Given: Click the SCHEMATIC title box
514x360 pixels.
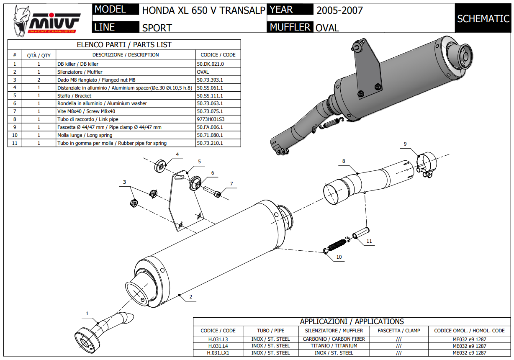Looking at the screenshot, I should (483, 19).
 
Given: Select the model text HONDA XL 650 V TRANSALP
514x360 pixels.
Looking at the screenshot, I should (203, 10).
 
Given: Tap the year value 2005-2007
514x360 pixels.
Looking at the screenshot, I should (339, 10).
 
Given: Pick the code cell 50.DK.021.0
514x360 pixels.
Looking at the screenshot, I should (210, 64).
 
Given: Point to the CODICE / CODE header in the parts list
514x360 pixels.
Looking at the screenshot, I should (218, 55).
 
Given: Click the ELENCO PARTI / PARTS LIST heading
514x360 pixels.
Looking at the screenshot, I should (124, 45).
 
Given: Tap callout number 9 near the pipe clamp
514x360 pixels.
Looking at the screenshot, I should (405, 144).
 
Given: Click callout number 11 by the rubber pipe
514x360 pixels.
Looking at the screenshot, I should (369, 241).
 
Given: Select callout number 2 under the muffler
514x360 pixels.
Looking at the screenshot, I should (190, 297).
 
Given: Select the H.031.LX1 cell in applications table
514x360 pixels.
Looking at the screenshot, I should (218, 353).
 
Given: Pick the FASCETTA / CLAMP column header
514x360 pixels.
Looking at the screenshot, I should (399, 331).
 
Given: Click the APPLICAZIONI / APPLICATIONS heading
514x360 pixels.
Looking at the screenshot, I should (352, 321).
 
